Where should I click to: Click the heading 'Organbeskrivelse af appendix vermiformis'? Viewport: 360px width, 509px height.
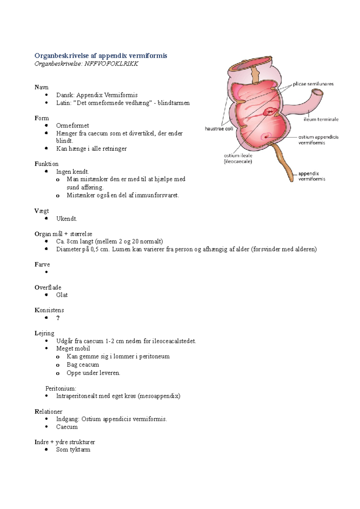click(101, 56)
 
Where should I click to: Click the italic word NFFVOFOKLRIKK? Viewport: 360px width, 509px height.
click(111, 64)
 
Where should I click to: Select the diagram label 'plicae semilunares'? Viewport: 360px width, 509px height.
click(313, 84)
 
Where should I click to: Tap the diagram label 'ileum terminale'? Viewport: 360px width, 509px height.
click(321, 119)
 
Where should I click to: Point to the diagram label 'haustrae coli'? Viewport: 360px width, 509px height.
click(219, 129)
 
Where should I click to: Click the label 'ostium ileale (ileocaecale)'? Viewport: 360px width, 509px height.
click(238, 159)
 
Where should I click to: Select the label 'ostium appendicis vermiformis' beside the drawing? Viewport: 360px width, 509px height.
click(318, 140)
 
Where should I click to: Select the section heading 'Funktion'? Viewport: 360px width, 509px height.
click(46, 164)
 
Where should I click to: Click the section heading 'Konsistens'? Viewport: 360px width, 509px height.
click(49, 310)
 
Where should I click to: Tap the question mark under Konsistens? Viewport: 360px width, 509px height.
click(58, 318)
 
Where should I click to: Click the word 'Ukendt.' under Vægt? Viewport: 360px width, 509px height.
click(67, 219)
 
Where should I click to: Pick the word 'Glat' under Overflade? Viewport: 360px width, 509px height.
click(62, 295)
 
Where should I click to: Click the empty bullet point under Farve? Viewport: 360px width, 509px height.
click(46, 272)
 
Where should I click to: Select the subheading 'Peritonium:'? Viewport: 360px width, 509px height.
click(61, 388)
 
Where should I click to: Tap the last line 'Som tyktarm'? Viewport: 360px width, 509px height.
click(73, 450)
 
